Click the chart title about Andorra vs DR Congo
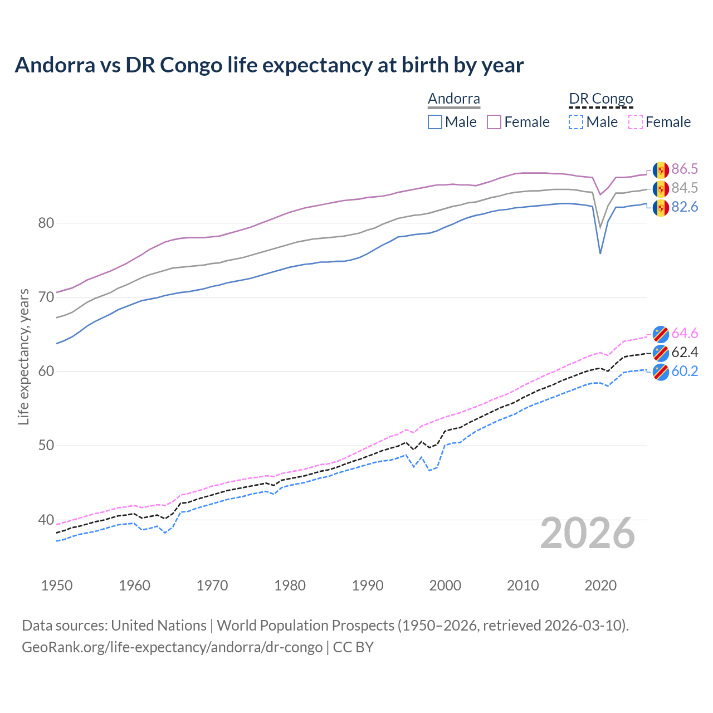coord(269,65)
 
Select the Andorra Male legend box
coord(435,122)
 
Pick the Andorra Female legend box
coord(494,122)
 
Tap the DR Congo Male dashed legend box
coord(576,122)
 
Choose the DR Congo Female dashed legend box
coord(636,122)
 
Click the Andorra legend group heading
coord(454,99)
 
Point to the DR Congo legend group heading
coord(601,99)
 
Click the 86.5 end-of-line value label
coord(685,169)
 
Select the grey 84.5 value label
coord(685,188)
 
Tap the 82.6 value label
coord(685,207)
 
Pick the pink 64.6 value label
coord(685,333)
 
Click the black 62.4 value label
coord(685,352)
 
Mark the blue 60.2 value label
coord(685,371)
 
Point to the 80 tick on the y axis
coord(46,223)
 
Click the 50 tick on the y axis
coord(46,446)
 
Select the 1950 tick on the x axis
coord(57,585)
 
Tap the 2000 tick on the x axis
coord(445,585)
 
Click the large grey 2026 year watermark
coord(588,533)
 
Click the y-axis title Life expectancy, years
coord(24,356)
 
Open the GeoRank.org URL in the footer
coord(172,647)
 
